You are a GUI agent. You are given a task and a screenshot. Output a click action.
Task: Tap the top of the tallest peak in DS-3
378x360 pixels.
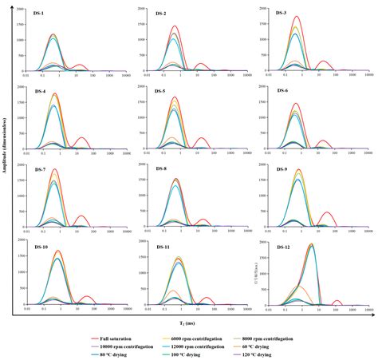pyautogui.click(x=297, y=17)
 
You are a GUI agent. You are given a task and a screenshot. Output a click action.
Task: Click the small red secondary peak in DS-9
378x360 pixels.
pyautogui.click(x=326, y=212)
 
